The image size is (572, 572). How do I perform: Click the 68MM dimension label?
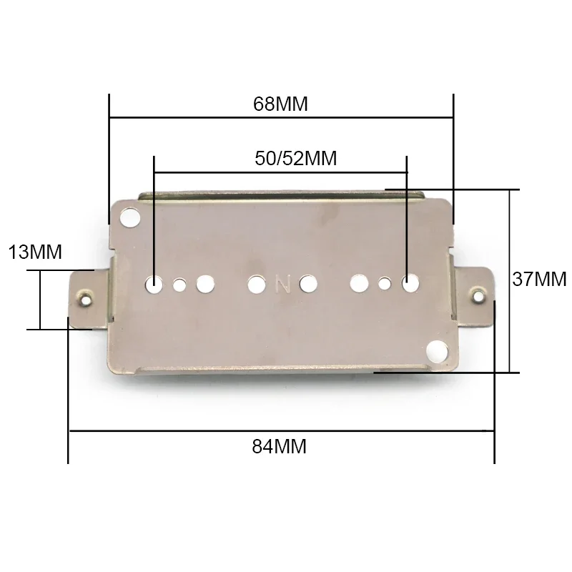pyautogui.click(x=280, y=104)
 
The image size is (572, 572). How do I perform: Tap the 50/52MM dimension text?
pyautogui.click(x=295, y=158)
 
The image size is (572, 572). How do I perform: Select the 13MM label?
pyautogui.click(x=35, y=252)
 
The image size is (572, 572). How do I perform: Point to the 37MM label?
pyautogui.click(x=539, y=278)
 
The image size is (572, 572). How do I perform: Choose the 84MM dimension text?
pyautogui.click(x=279, y=447)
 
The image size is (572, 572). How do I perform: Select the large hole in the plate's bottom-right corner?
pyautogui.click(x=435, y=350)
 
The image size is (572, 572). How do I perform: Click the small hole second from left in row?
pyautogui.click(x=179, y=285)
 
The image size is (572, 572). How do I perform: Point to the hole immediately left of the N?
pyautogui.click(x=256, y=285)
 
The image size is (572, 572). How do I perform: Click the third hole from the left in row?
pyautogui.click(x=205, y=285)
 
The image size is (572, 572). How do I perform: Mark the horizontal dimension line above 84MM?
pyautogui.click(x=280, y=430)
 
